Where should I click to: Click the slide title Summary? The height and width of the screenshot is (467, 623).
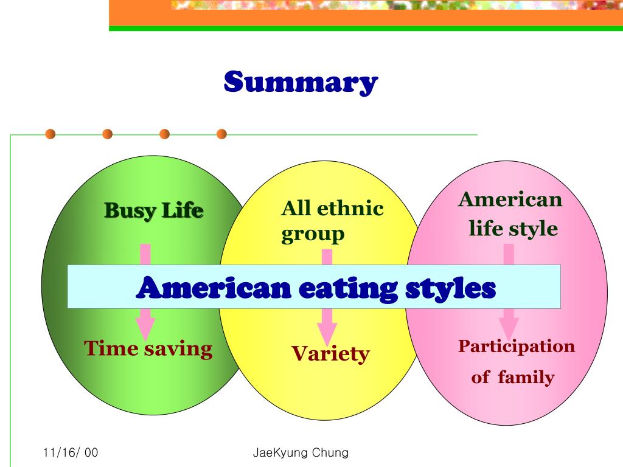coord(301,82)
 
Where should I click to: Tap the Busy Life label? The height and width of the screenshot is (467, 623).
coord(153,211)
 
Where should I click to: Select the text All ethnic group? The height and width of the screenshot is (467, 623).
coord(332,221)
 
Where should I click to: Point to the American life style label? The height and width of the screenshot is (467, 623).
coord(510,214)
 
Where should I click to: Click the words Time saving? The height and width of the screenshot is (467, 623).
coord(148,349)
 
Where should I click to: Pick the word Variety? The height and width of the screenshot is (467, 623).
coord(330,353)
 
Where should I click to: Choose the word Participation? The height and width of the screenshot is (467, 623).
coord(516,347)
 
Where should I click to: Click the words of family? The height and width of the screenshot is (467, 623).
coord(513,378)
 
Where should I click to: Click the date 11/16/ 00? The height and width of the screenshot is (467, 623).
coord(71,453)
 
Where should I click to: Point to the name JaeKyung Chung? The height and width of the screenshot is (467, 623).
coord(300,453)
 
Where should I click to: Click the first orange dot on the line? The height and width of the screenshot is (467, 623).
coord(50,134)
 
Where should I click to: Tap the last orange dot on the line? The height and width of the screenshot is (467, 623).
coord(221,134)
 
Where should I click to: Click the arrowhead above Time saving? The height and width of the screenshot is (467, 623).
coord(145,328)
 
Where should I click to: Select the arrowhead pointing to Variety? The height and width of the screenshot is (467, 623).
coord(327,329)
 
